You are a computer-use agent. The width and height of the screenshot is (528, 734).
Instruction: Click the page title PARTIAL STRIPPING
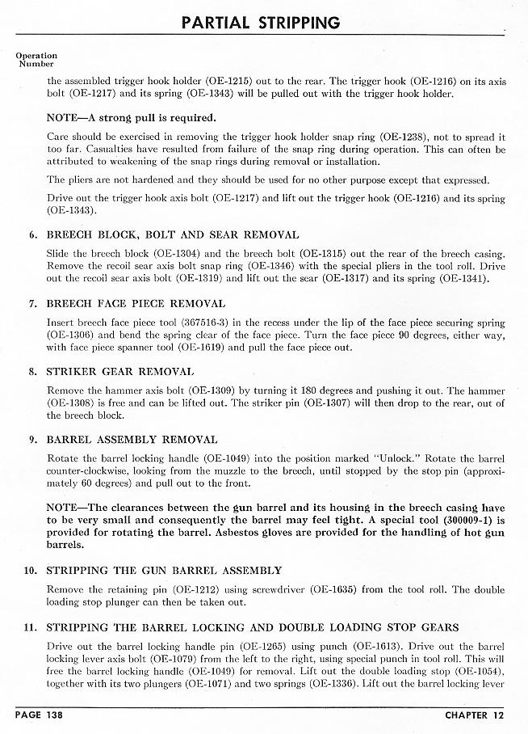(259, 22)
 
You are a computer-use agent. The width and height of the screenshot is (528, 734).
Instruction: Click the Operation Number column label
(36, 60)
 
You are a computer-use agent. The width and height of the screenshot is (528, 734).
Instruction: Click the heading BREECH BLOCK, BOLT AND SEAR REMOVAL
(173, 235)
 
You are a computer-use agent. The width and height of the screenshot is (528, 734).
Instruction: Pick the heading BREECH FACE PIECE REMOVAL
(136, 304)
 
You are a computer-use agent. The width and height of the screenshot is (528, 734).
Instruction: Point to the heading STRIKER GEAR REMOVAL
(120, 372)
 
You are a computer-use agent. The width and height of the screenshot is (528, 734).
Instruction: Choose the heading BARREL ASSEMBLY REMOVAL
(132, 440)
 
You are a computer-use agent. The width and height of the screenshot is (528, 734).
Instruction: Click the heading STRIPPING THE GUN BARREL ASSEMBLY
(165, 571)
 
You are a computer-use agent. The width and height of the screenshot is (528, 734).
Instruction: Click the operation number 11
(31, 627)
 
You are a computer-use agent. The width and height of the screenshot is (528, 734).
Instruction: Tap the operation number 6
(33, 235)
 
